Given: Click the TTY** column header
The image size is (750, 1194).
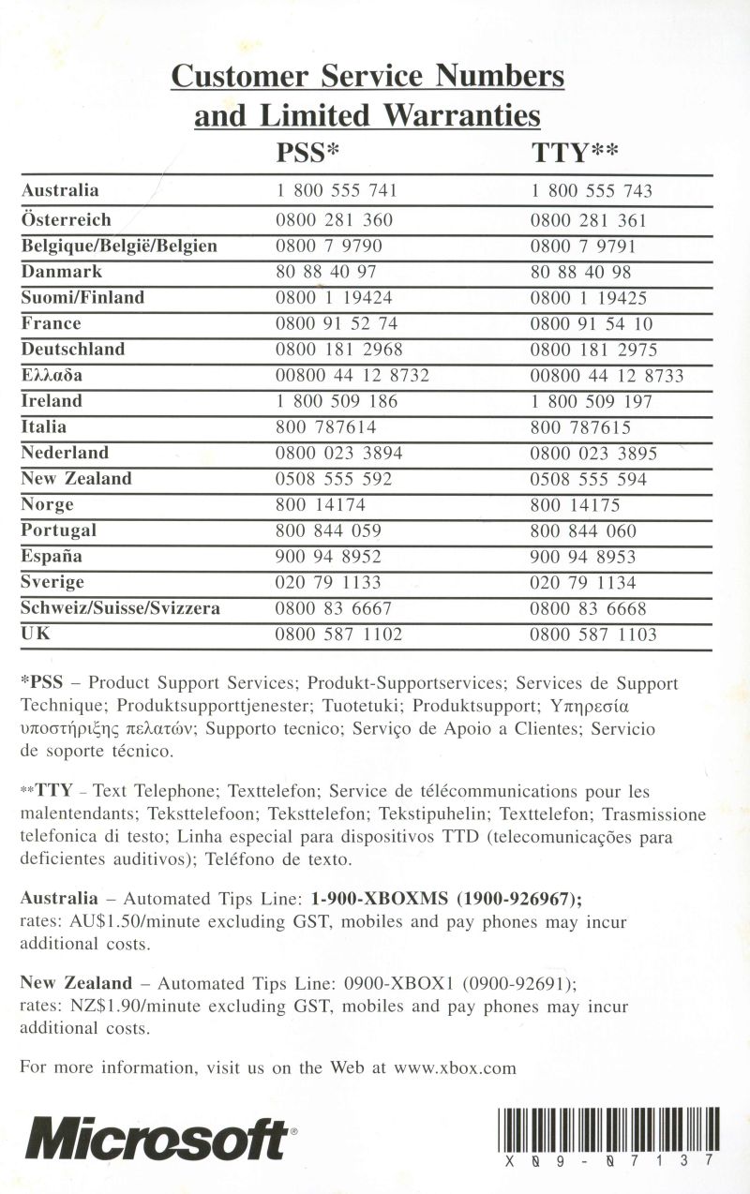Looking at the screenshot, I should pos(574,153).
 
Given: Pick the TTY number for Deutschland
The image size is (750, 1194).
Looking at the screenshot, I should pos(593,351).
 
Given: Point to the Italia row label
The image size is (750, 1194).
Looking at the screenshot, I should pos(44,427).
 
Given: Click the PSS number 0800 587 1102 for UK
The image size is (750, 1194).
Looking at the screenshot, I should pos(338,634).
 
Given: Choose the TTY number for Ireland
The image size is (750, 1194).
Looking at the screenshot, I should pos(591,402).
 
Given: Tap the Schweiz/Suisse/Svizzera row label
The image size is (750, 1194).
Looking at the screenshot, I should pos(120,608).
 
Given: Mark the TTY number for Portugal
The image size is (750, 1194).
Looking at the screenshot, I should pos(583,531).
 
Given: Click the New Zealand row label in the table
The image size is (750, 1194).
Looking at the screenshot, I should pos(76,479).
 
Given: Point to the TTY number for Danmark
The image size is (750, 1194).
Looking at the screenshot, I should pos(580,273).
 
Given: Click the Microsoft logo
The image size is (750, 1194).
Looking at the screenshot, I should pos(157,1139).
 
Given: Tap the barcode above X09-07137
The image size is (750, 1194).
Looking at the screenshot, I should pos(609,1128).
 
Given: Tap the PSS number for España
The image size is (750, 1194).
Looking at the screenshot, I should pos(328,557).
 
